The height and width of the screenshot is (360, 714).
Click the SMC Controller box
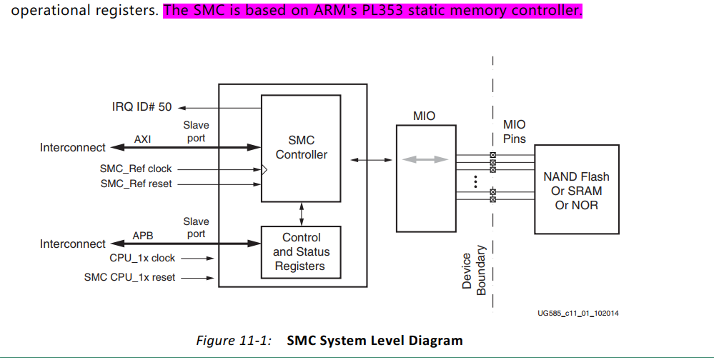pyautogui.click(x=301, y=148)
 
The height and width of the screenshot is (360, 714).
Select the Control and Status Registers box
pyautogui.click(x=301, y=252)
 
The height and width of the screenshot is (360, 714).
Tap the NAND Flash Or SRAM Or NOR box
pyautogui.click(x=576, y=191)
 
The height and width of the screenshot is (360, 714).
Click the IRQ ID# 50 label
pyautogui.click(x=142, y=107)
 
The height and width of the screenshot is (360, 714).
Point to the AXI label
pyautogui.click(x=142, y=139)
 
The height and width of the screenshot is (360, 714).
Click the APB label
pyautogui.click(x=142, y=235)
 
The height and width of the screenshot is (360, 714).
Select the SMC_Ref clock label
pyautogui.click(x=136, y=169)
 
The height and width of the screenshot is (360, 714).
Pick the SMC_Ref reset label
pyautogui.click(x=136, y=184)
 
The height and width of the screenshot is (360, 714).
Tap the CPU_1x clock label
pyautogui.click(x=142, y=258)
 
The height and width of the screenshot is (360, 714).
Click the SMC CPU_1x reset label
pyautogui.click(x=129, y=277)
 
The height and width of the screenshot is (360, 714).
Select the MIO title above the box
pyautogui.click(x=424, y=116)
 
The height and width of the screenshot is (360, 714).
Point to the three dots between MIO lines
pyautogui.click(x=475, y=181)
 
